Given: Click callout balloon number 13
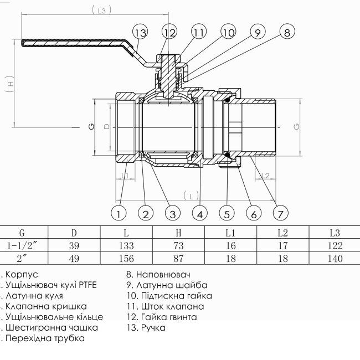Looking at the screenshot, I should click(141, 33).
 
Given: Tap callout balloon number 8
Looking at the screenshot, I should click(286, 33).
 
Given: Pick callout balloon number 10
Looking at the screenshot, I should click(228, 33).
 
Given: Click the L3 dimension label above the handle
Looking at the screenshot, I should click(100, 9).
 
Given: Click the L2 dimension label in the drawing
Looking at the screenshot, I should click(265, 176).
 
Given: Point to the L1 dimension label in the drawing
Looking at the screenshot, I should click(125, 176).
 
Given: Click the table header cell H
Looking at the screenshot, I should click(178, 233).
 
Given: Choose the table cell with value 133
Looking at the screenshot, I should click(126, 245).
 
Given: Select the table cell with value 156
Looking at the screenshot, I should click(126, 258).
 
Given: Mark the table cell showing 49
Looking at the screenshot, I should click(74, 258).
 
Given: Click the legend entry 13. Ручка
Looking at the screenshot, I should click(146, 328).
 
